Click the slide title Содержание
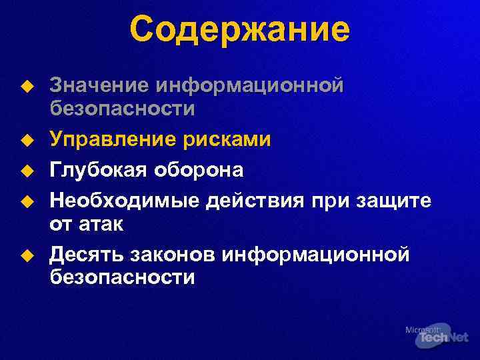coord(239,30)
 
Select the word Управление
coord(109,139)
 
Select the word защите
coord(393,199)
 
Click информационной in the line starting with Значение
coord(250,86)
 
